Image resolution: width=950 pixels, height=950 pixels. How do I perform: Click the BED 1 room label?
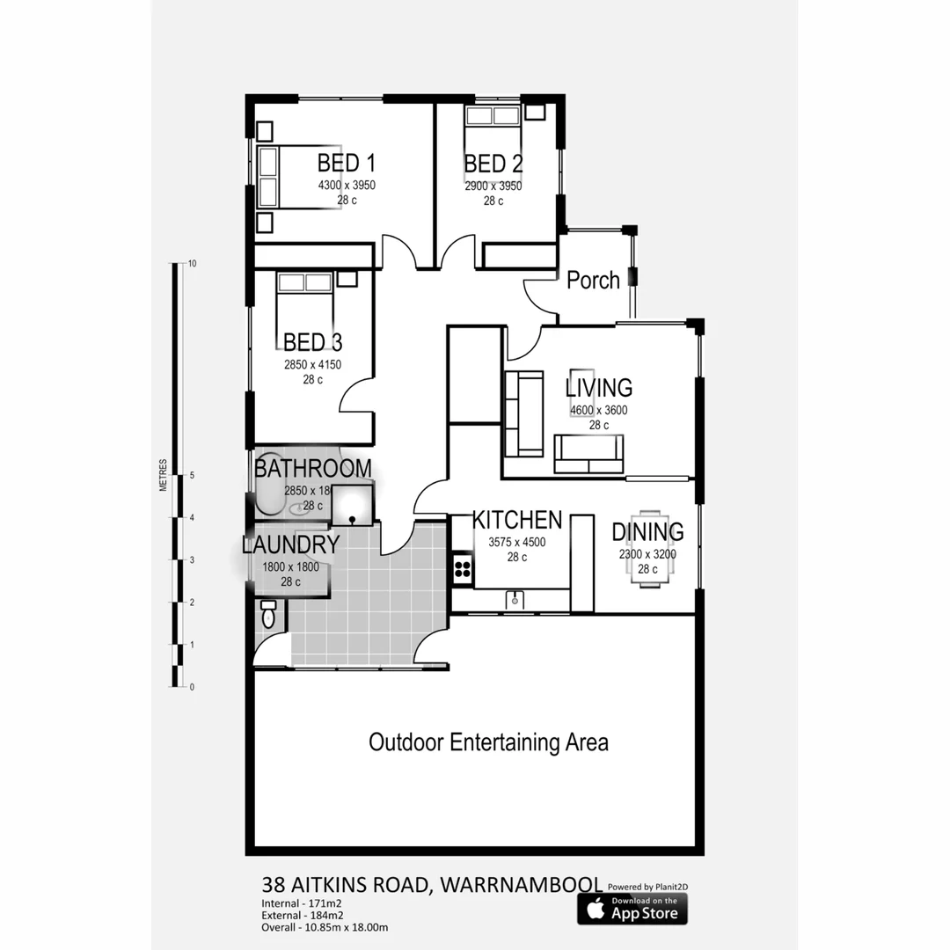click(x=347, y=163)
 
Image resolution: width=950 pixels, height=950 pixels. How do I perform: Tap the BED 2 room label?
click(x=493, y=164)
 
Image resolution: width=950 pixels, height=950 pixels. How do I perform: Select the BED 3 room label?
click(x=312, y=341)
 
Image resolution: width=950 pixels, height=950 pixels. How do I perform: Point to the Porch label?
click(x=593, y=281)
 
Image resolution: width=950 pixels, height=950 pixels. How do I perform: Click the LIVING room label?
click(x=598, y=387)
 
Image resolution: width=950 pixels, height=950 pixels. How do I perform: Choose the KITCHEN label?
click(x=516, y=519)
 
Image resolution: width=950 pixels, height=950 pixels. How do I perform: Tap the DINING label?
click(x=647, y=531)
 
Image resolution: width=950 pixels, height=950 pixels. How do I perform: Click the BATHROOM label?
click(x=312, y=468)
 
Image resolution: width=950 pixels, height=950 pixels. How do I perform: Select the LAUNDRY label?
click(x=290, y=544)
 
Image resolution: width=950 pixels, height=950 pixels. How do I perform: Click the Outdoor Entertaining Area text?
click(x=488, y=742)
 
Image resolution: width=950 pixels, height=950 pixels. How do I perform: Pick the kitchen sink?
click(x=515, y=600)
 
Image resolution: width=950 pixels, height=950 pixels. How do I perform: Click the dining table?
click(x=647, y=549)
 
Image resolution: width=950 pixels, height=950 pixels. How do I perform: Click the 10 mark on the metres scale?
click(x=192, y=264)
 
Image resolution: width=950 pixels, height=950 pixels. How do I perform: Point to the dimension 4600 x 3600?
click(x=598, y=410)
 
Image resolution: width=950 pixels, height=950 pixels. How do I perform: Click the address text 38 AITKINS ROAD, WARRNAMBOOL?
click(x=432, y=883)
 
